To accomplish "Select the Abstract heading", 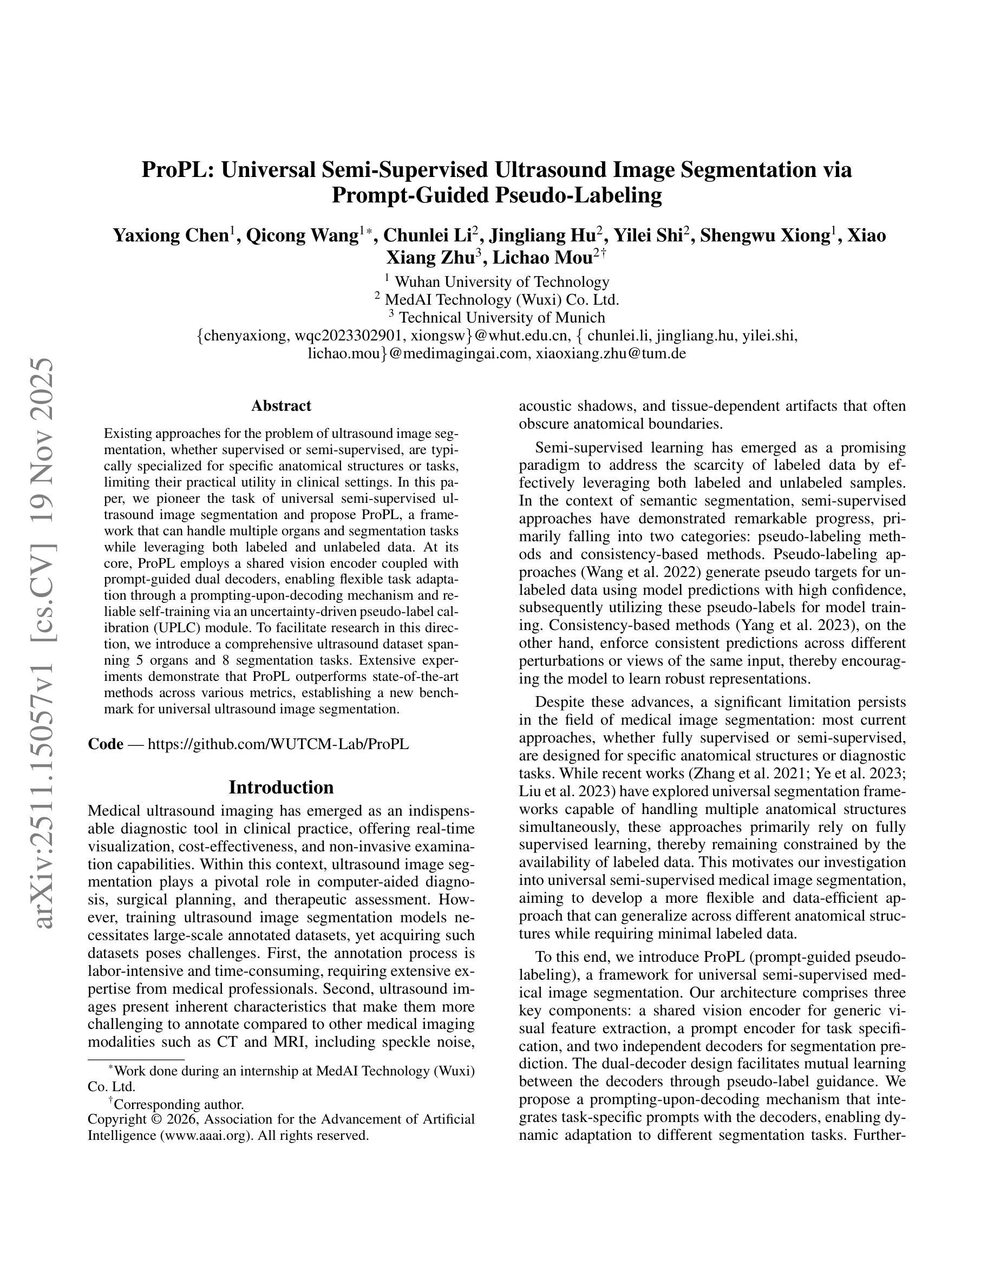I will [x=281, y=406].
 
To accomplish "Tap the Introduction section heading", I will [x=281, y=788].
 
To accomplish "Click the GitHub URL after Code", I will [x=278, y=744].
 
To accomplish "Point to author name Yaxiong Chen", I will [x=171, y=235].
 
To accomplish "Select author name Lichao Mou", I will [x=541, y=258].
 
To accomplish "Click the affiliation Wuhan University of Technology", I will [x=502, y=282].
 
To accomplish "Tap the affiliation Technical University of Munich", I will [x=502, y=318].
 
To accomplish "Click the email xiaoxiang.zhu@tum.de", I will [x=611, y=354].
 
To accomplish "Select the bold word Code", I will [x=106, y=744].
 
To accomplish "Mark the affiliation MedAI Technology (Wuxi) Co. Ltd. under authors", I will [x=502, y=300].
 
